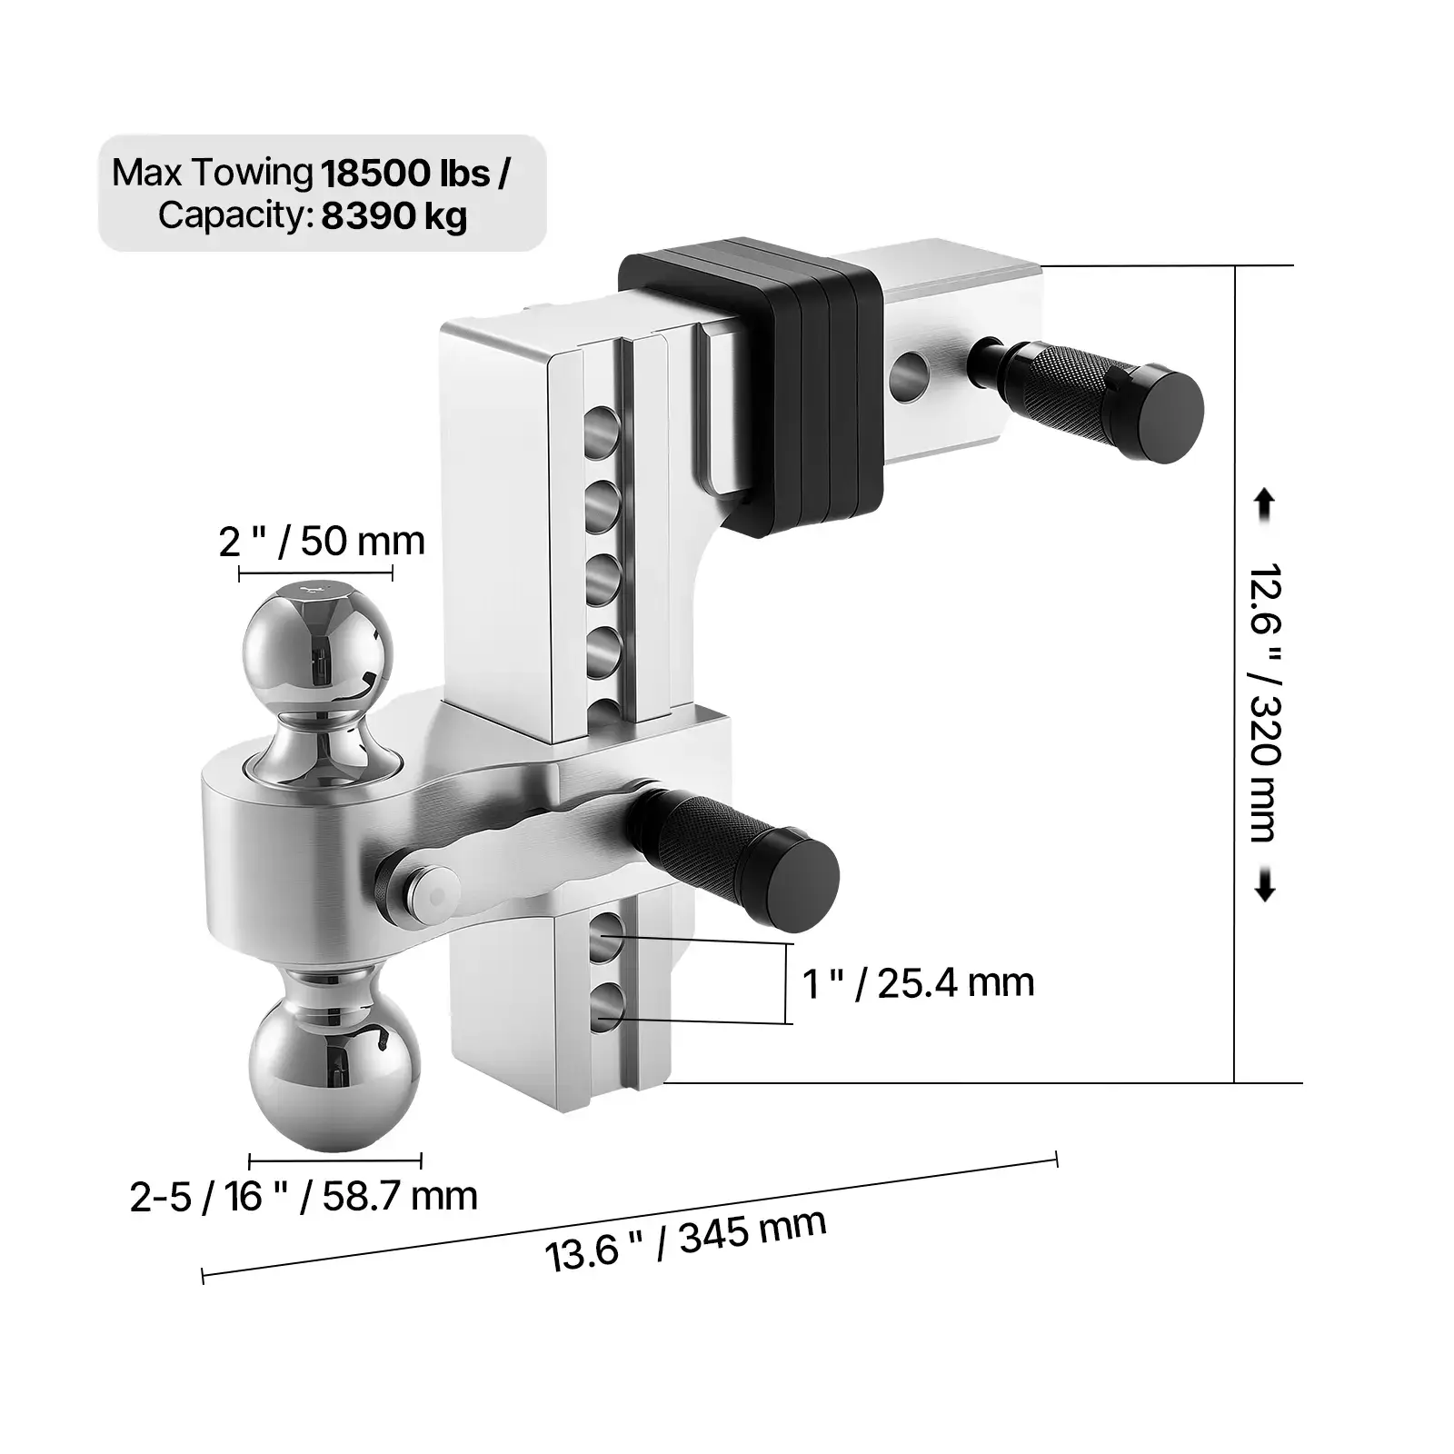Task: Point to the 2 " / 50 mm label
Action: [x=322, y=542]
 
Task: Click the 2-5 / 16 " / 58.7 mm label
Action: [x=304, y=1197]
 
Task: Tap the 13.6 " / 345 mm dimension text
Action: [x=685, y=1240]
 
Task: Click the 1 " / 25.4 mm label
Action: [x=919, y=983]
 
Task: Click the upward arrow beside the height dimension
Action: [x=1264, y=505]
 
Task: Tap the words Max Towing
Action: [x=211, y=173]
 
